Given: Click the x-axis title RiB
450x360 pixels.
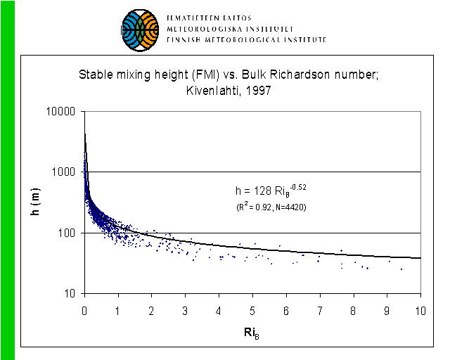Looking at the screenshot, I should (252, 330).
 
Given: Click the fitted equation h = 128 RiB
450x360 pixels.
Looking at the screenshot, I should (271, 190).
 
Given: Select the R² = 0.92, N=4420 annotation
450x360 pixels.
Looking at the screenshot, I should (271, 207).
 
